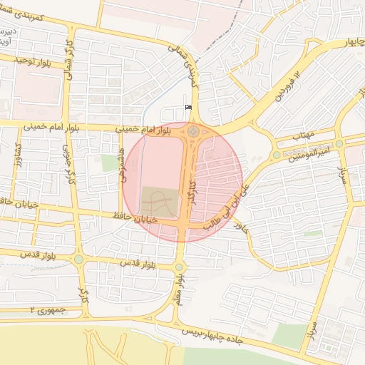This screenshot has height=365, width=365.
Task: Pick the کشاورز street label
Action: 18,155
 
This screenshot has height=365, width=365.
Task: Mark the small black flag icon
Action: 188,107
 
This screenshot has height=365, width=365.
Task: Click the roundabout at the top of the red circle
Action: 194,131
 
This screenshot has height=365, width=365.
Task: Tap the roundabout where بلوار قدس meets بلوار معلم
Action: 178,267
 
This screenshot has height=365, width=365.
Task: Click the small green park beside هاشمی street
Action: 108,163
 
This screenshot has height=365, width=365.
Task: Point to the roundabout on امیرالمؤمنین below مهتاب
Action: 276,155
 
